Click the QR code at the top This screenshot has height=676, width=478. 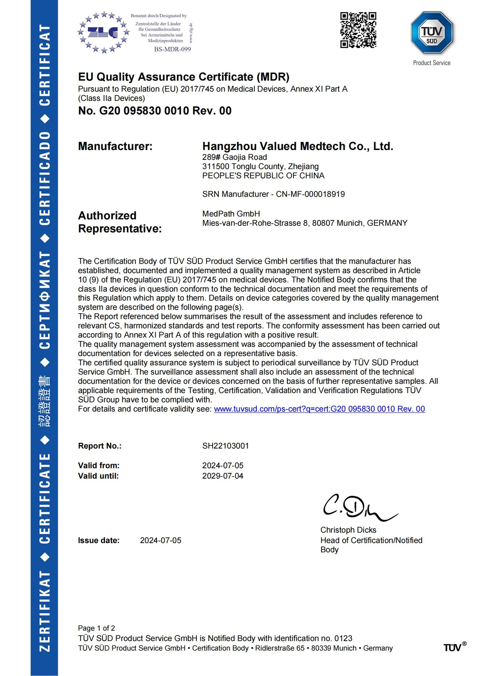point(358,30)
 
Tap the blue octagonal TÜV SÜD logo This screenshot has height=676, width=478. point(432,33)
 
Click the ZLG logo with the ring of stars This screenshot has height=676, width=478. point(103,32)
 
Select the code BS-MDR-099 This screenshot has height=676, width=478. point(172,49)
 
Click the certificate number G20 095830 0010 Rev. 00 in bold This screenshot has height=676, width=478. point(165,111)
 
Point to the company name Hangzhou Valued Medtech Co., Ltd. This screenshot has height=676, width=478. point(298,146)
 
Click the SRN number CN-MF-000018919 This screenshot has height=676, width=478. point(310,194)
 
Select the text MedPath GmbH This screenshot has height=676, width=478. point(231,214)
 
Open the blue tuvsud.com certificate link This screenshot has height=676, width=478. point(319,409)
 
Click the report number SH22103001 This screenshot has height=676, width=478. point(225,446)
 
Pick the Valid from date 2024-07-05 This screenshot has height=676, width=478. point(223,465)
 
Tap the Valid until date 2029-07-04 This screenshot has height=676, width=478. point(223,476)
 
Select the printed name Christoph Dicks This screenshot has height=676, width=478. point(348,530)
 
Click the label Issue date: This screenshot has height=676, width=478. point(99,540)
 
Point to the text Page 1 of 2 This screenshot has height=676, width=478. point(96,628)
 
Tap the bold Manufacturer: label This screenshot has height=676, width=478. point(115,146)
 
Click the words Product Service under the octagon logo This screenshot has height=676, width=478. point(431,63)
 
